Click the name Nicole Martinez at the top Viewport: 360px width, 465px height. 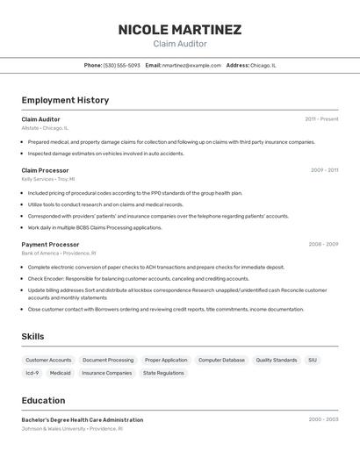coord(180,30)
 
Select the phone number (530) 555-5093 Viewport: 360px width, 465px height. coord(122,65)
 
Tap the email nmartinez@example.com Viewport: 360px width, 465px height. coord(191,65)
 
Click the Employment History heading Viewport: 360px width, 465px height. coord(65,100)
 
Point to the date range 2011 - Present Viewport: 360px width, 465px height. coord(321,119)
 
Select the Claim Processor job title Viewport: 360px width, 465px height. coord(45,170)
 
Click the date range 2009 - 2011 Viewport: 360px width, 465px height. coord(324,170)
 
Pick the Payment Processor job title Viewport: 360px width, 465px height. coord(50,245)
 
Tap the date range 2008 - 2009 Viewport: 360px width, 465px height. coord(323,245)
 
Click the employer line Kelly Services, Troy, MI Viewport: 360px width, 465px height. coord(48,179)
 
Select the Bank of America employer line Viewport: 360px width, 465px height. coord(59,253)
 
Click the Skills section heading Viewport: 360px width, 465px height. coord(32,336)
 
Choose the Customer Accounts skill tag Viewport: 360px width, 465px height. coord(48,360)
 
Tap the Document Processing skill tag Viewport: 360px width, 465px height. coord(108,360)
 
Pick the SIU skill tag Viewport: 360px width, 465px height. coord(313,360)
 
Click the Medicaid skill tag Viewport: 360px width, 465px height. coord(60,373)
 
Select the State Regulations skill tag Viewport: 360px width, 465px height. coord(163,373)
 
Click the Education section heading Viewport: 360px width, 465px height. coord(43,400)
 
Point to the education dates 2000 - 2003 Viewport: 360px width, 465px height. coord(323,420)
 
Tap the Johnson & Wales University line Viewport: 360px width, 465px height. coord(72,429)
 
